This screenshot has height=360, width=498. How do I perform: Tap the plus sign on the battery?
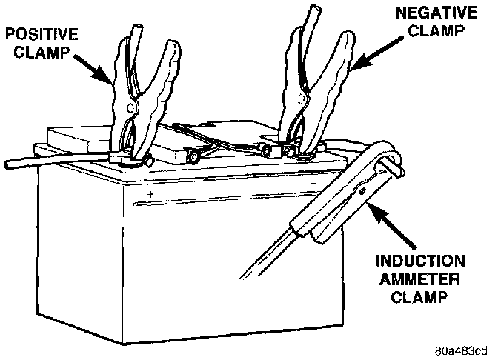point(150,193)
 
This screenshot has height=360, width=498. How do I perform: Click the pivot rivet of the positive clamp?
point(131,108)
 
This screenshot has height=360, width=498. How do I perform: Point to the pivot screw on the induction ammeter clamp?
point(362,190)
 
